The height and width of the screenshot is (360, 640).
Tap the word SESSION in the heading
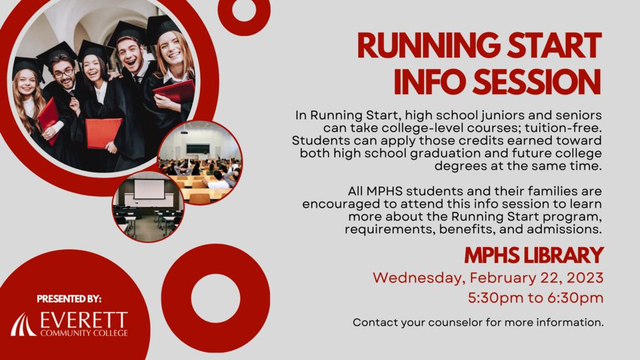pyautogui.click(x=537, y=82)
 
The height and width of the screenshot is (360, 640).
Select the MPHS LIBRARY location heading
pyautogui.click(x=534, y=256)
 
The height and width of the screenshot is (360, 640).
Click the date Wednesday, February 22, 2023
pyautogui.click(x=487, y=278)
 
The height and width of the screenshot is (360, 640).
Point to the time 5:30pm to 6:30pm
pyautogui.click(x=536, y=298)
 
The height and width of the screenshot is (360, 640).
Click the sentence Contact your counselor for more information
pyautogui.click(x=478, y=322)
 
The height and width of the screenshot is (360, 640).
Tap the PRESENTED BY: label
pyautogui.click(x=69, y=299)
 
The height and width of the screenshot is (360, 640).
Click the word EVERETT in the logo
pyautogui.click(x=84, y=320)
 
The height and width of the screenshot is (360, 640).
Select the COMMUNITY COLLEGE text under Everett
pyautogui.click(x=84, y=333)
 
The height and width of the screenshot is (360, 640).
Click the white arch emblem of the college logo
pyautogui.click(x=23, y=325)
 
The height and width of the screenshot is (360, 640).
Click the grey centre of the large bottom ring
pyautogui.click(x=216, y=298)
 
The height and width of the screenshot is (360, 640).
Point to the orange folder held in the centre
pyautogui.click(x=103, y=132)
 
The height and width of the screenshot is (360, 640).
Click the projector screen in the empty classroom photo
pyautogui.click(x=149, y=189)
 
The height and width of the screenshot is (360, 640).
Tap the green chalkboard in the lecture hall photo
pyautogui.click(x=198, y=148)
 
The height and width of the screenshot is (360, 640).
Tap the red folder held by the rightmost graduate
pyautogui.click(x=174, y=92)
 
